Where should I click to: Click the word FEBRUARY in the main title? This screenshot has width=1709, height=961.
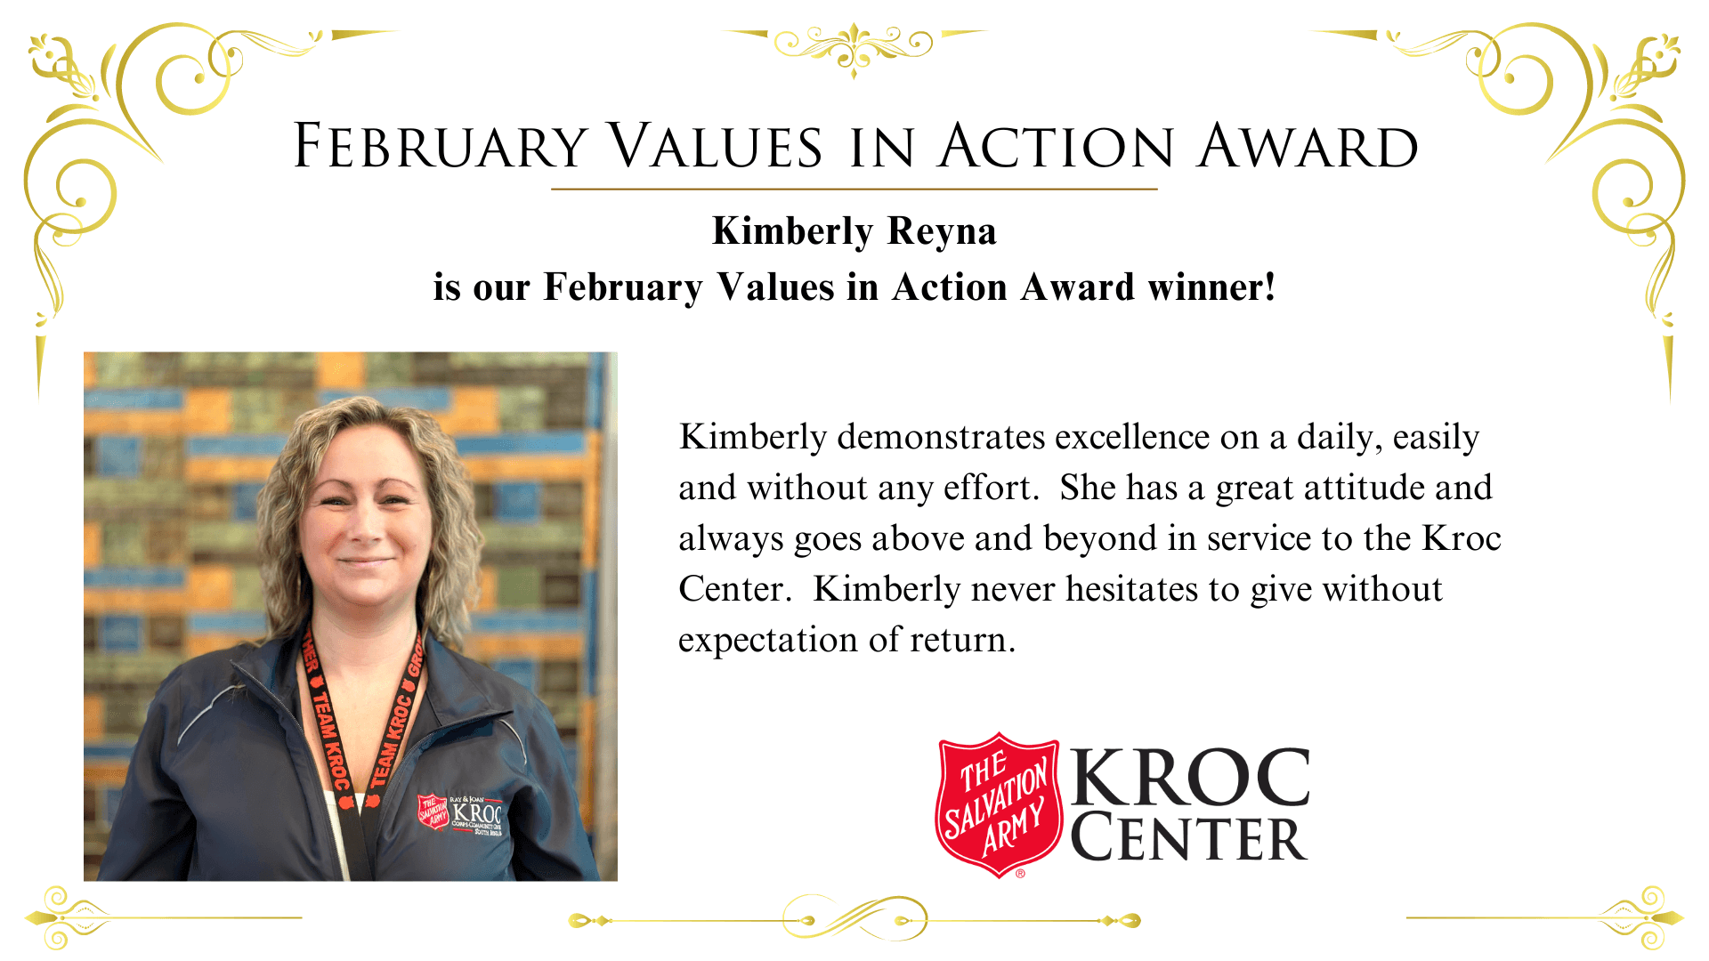(x=440, y=146)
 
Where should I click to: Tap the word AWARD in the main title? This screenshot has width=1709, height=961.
(x=1308, y=146)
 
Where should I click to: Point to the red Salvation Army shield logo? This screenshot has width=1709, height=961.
(x=998, y=804)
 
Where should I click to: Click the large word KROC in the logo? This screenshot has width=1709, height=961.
(x=1190, y=777)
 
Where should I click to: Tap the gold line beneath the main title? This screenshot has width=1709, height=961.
(x=854, y=189)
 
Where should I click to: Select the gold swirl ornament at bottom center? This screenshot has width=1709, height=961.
(x=854, y=918)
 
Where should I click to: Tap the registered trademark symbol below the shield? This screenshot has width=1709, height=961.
(x=1020, y=874)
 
